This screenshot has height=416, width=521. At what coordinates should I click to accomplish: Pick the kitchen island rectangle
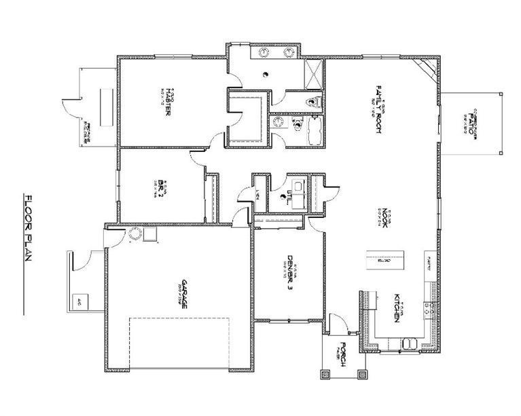click(x=384, y=259)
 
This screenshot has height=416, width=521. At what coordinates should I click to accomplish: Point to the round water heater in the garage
click(x=134, y=234)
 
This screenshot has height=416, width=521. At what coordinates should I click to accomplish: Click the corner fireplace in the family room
click(x=427, y=68)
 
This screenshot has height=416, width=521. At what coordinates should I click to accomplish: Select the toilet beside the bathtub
click(x=297, y=124)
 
